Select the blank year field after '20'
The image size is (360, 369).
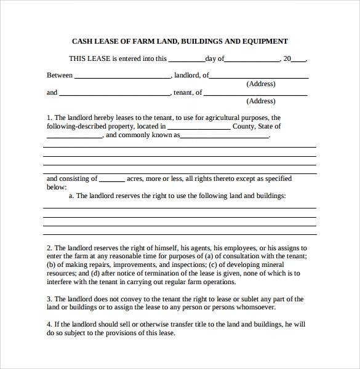pos(298,60)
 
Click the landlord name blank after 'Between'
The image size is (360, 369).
pos(122,76)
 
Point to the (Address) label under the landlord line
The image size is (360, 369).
pos(261,84)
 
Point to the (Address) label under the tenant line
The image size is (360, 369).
pos(261,101)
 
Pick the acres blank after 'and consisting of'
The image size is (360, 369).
pos(111,180)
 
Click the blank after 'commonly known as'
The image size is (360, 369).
pos(225,136)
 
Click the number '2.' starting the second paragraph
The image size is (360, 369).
pos(50,247)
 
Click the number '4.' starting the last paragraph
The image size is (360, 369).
pos(50,325)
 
